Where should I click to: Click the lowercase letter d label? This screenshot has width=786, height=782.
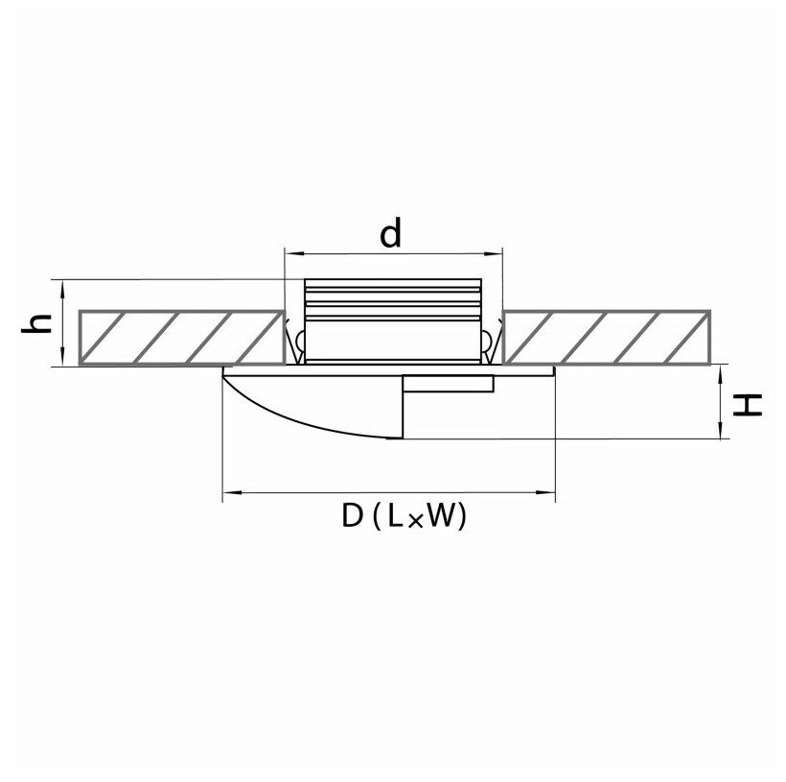[389, 233]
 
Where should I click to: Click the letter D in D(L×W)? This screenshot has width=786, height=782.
[352, 518]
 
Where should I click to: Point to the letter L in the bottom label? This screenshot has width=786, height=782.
[394, 519]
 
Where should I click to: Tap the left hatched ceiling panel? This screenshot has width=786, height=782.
[181, 338]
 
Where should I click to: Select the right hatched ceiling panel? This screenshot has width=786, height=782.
[609, 338]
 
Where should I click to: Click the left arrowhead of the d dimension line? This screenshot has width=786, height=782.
[290, 254]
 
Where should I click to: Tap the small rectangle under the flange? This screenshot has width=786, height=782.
[448, 384]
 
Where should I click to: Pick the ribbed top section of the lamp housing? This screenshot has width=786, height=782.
[391, 297]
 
